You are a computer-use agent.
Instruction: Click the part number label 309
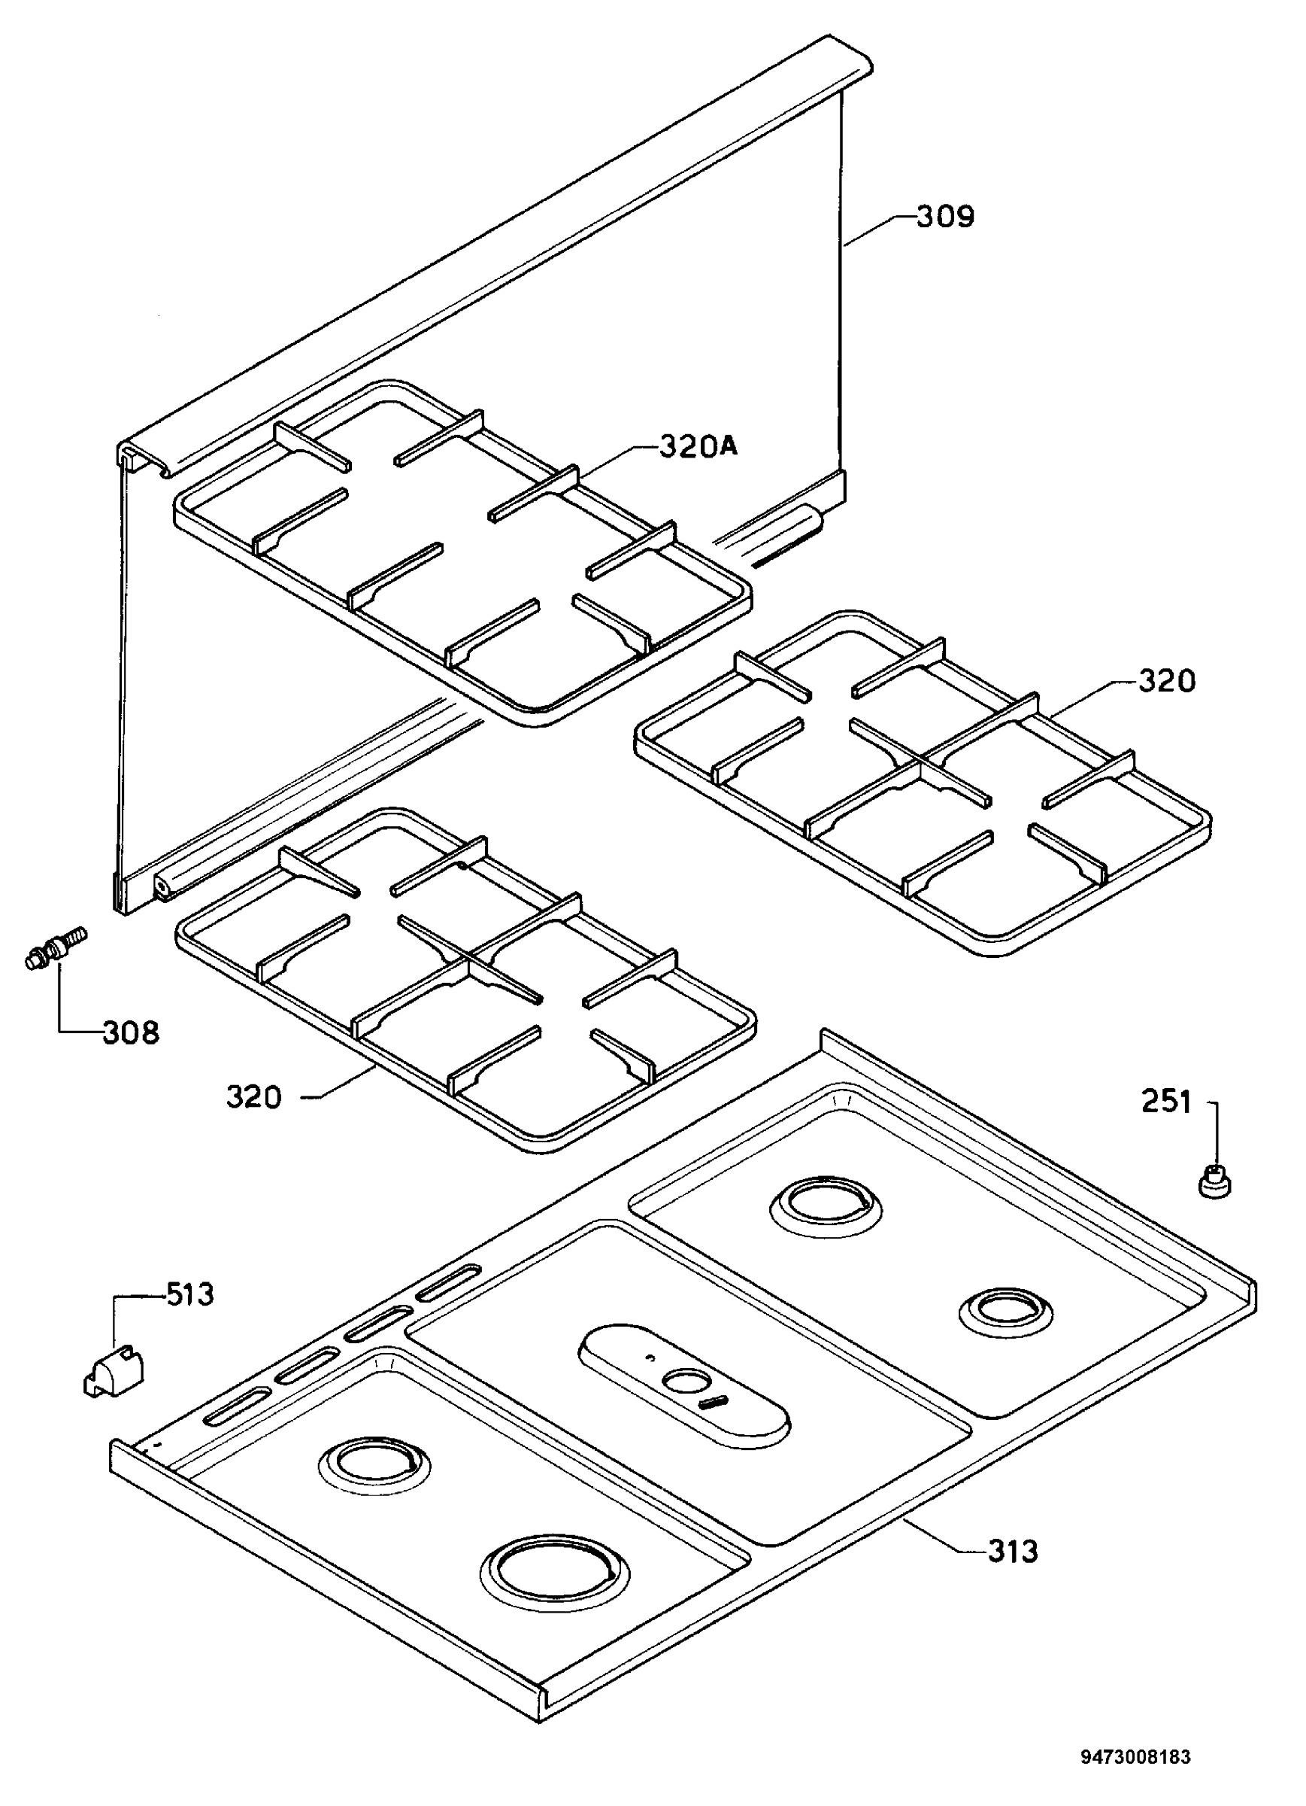click(945, 217)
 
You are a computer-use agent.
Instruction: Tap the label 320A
click(698, 448)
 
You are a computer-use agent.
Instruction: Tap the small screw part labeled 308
click(54, 946)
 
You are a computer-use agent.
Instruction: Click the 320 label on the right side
click(1167, 681)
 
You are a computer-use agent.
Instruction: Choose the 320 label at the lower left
click(254, 1097)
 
